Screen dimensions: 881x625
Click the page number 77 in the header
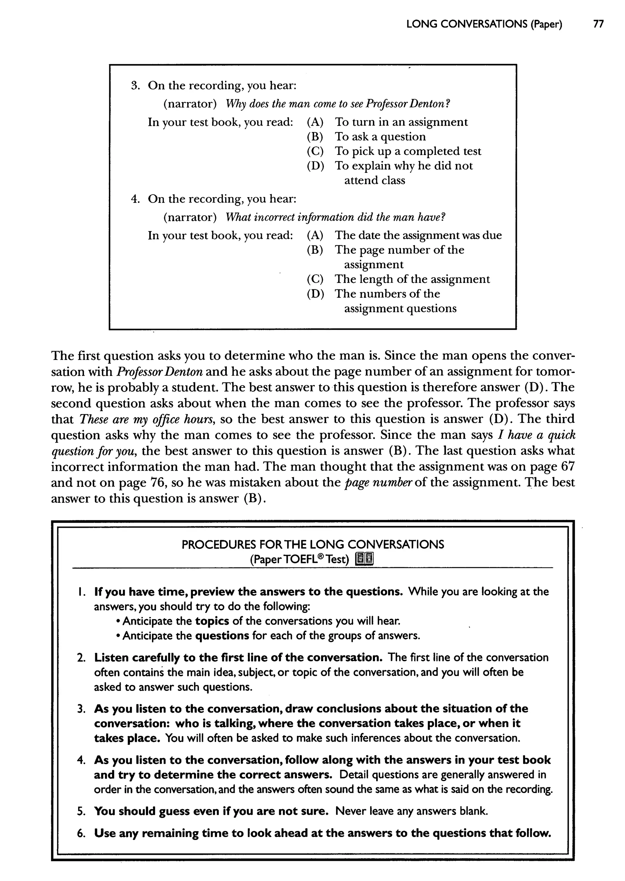pyautogui.click(x=598, y=24)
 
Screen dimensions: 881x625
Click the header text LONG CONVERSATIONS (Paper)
pyautogui.click(x=484, y=24)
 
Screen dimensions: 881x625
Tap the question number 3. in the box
pyautogui.click(x=135, y=85)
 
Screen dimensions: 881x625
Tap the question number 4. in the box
pyautogui.click(x=135, y=199)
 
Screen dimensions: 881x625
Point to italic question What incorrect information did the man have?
pyautogui.click(x=335, y=217)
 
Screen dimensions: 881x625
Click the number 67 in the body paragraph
pyautogui.click(x=568, y=467)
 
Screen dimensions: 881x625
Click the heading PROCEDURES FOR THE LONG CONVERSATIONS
pyautogui.click(x=312, y=545)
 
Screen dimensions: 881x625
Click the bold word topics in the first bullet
pyautogui.click(x=212, y=621)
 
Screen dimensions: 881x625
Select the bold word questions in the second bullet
pyautogui.click(x=222, y=636)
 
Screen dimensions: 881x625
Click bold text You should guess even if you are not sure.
pyautogui.click(x=211, y=811)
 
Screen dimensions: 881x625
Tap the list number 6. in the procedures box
pyautogui.click(x=81, y=833)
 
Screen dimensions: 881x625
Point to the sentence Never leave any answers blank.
pyautogui.click(x=411, y=811)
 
